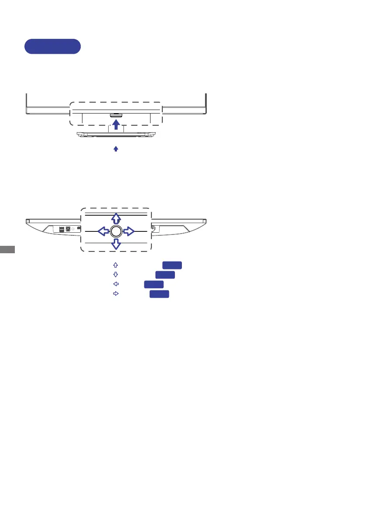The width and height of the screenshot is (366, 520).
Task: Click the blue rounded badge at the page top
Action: pos(53,46)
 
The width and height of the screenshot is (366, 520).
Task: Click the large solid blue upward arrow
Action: pos(116,125)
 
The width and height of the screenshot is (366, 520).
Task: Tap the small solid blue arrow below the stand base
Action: pos(116,149)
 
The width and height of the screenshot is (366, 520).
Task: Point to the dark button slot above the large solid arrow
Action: pos(116,116)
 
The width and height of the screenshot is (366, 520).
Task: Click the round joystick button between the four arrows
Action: pos(116,231)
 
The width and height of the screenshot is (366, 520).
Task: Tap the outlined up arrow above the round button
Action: pos(116,219)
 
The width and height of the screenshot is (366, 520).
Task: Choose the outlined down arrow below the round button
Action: pos(116,244)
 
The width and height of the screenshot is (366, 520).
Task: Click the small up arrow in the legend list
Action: pos(116,265)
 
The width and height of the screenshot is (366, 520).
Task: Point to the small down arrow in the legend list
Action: pos(116,275)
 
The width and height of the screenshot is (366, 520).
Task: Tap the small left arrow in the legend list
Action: pos(116,284)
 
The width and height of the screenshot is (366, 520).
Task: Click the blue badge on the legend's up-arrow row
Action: pos(172,265)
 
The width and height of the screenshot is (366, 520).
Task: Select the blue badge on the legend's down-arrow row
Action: pos(165,275)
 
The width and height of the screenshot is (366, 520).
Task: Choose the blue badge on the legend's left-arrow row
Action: pos(154,284)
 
